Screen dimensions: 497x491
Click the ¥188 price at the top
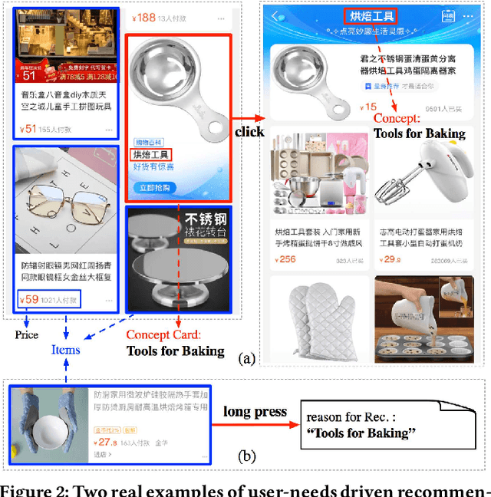(144, 18)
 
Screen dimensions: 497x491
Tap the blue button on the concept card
(153, 188)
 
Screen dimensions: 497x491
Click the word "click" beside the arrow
(249, 132)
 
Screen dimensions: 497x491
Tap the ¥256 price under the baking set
(285, 259)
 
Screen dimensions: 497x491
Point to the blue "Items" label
(65, 349)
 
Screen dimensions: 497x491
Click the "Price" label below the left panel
(27, 334)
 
